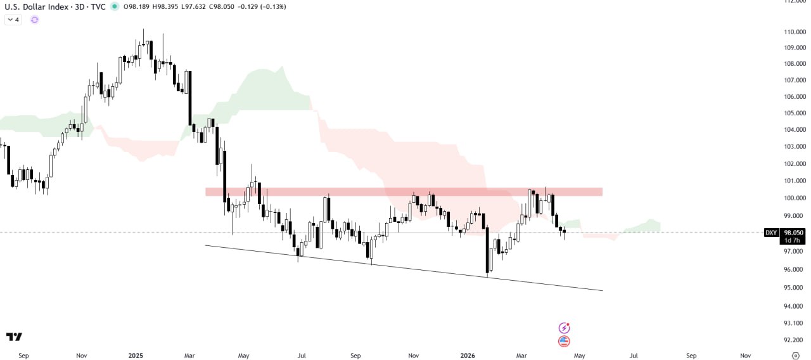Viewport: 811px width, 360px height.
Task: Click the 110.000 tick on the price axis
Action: point(795,32)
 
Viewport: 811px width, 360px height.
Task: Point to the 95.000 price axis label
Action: point(795,288)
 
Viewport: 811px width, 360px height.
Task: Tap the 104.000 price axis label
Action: point(795,130)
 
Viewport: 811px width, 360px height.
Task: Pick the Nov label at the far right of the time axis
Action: point(746,356)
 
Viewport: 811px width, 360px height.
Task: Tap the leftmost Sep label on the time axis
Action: point(23,356)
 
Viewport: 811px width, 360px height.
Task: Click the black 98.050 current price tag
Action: point(794,233)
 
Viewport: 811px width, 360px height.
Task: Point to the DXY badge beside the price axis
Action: point(771,233)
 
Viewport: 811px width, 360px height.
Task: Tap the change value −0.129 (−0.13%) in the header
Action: point(261,6)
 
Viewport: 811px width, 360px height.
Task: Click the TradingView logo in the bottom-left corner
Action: point(14,337)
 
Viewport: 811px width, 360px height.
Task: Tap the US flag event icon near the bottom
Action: point(564,342)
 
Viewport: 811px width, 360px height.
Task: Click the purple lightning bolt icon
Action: point(564,328)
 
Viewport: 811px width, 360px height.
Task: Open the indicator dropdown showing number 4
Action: point(13,20)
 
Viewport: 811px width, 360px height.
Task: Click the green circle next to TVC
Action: point(114,6)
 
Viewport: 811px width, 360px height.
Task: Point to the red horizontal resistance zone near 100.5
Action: point(403,191)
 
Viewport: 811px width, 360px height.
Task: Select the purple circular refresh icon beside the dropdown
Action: point(34,20)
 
